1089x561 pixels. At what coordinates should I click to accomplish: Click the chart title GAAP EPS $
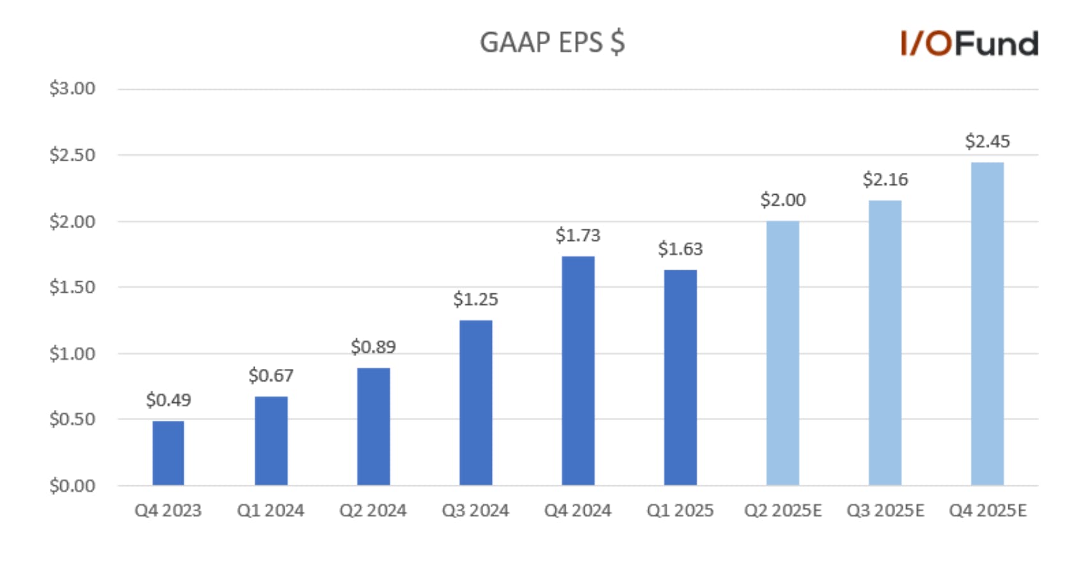tap(552, 42)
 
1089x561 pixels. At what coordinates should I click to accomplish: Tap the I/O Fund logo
tap(969, 44)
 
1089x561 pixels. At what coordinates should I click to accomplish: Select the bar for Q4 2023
tap(168, 453)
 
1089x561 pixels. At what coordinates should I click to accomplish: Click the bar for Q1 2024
tap(271, 441)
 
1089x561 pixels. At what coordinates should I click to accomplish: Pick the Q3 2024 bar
tap(475, 402)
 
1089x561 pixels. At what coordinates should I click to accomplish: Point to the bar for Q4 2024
tap(578, 371)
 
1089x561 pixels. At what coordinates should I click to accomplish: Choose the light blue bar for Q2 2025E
tap(783, 354)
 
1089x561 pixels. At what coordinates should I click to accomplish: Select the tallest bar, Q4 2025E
tap(987, 323)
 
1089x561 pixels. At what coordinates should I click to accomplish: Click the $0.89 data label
tap(374, 347)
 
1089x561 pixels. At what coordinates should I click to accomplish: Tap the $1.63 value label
tap(680, 249)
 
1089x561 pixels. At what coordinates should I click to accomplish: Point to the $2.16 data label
tap(886, 179)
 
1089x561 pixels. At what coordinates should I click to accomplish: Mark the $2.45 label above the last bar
tap(987, 142)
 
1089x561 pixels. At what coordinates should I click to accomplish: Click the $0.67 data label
tap(271, 376)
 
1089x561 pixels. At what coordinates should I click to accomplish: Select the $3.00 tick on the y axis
tap(72, 88)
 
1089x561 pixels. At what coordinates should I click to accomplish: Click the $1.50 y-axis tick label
tap(72, 287)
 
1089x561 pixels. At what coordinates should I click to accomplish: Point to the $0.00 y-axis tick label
tap(72, 485)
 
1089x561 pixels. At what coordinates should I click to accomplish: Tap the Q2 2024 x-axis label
tap(373, 510)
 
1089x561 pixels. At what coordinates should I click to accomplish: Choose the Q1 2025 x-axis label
tap(680, 510)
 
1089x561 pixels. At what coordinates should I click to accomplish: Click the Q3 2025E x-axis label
tap(886, 510)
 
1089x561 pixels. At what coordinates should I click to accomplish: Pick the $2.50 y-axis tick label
tap(72, 155)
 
